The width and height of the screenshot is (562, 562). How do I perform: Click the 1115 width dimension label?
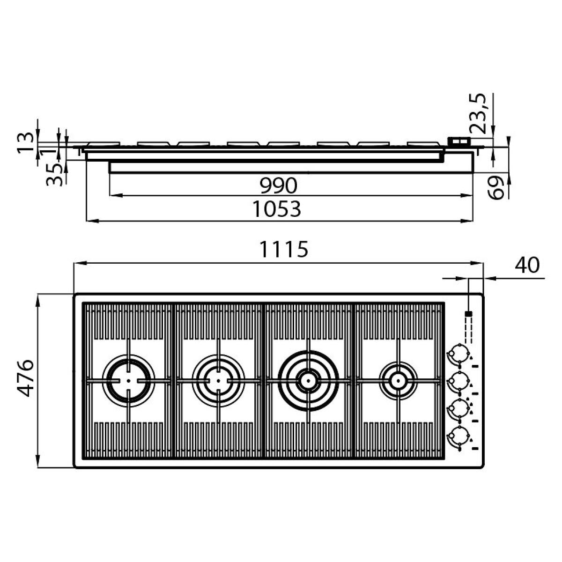click(284, 249)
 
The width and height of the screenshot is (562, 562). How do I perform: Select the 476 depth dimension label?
click(25, 378)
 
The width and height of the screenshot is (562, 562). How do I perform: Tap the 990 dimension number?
click(279, 185)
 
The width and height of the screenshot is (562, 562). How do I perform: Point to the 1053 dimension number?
click(276, 209)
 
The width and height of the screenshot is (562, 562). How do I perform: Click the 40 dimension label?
click(527, 266)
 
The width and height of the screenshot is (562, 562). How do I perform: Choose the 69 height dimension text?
click(496, 187)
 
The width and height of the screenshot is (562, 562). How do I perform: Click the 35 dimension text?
click(54, 175)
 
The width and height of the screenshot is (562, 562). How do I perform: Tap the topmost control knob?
click(459, 354)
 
